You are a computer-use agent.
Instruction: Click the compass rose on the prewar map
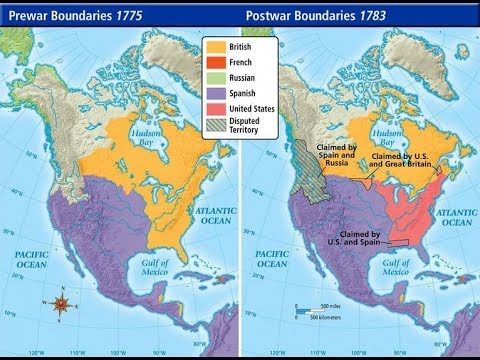(x=62, y=302)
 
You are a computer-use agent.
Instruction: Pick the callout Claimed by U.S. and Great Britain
(x=404, y=162)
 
